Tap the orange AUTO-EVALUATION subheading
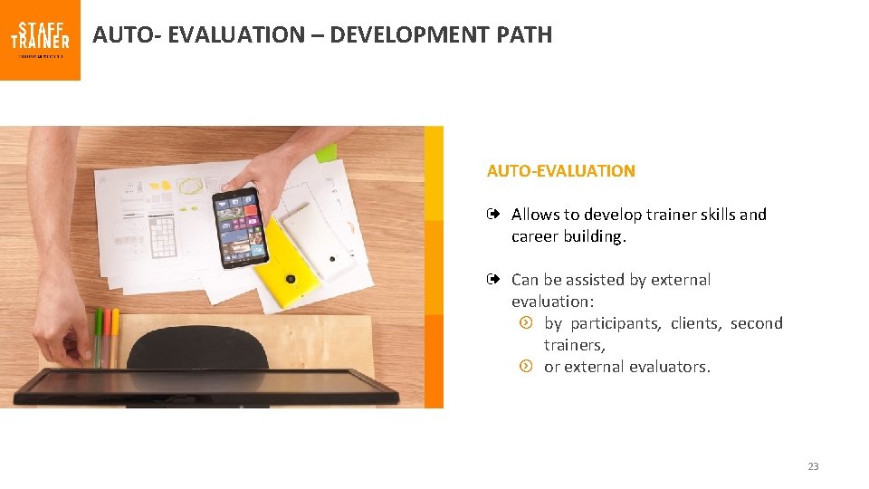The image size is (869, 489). point(560,170)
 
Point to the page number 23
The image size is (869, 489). point(812,466)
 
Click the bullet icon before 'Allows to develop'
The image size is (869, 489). point(492,215)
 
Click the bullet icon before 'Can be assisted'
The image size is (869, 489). point(492,280)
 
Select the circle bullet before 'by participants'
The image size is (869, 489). point(526,323)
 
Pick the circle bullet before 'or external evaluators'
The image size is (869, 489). point(526,367)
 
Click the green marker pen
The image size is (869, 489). point(99,335)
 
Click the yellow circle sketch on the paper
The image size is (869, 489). point(190,187)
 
